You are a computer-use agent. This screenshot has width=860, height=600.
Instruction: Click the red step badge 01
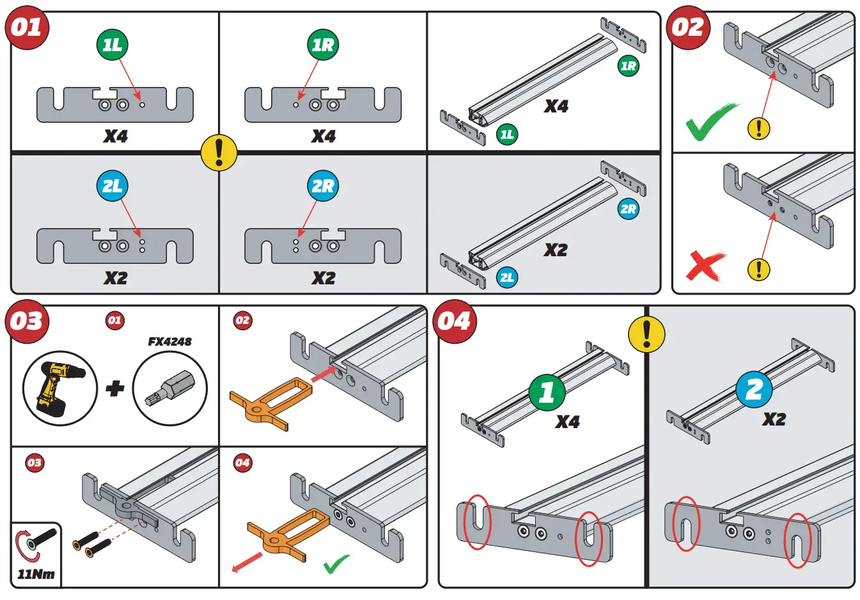[x=27, y=28]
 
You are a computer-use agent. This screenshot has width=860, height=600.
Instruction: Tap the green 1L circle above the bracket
[x=113, y=45]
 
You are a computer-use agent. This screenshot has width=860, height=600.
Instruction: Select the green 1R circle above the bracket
[x=323, y=45]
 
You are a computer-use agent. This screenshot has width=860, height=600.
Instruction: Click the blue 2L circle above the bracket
[x=113, y=186]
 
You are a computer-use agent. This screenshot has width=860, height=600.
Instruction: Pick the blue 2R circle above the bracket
[x=323, y=186]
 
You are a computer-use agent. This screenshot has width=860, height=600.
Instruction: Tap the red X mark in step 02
[x=705, y=266]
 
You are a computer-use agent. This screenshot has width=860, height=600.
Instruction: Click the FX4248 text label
[x=169, y=341]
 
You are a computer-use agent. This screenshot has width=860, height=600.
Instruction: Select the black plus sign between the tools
[x=115, y=388]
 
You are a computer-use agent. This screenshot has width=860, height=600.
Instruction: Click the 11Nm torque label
[x=36, y=574]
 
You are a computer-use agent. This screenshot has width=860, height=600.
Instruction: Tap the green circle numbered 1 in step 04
[x=547, y=392]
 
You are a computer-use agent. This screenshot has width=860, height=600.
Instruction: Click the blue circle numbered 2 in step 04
[x=754, y=389]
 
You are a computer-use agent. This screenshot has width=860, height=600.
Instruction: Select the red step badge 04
[x=454, y=321]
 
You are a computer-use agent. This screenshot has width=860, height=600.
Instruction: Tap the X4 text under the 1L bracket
[x=116, y=136]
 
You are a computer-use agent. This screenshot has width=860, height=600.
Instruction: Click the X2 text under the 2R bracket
[x=324, y=278]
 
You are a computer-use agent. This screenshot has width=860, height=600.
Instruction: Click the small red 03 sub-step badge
[x=35, y=463]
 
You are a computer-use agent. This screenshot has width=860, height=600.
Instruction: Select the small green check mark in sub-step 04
[x=336, y=564]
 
